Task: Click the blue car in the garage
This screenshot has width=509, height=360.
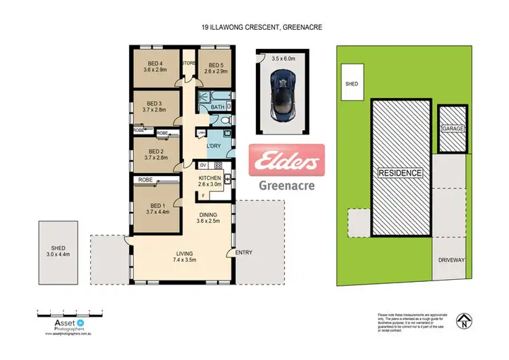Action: point(280,99)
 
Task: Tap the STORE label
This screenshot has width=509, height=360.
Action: point(188,64)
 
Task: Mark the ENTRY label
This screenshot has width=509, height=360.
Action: point(244,253)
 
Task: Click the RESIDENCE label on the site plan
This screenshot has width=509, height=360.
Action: point(400,173)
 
